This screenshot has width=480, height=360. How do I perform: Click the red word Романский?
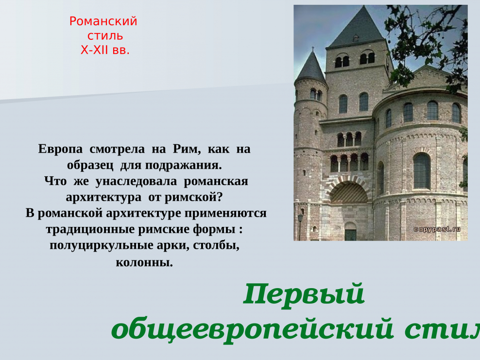click(x=103, y=21)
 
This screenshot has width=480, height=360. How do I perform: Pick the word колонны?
click(x=144, y=263)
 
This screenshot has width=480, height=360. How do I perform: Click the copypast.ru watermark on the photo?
click(x=436, y=229)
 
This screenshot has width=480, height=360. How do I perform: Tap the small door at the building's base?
click(x=350, y=232)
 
